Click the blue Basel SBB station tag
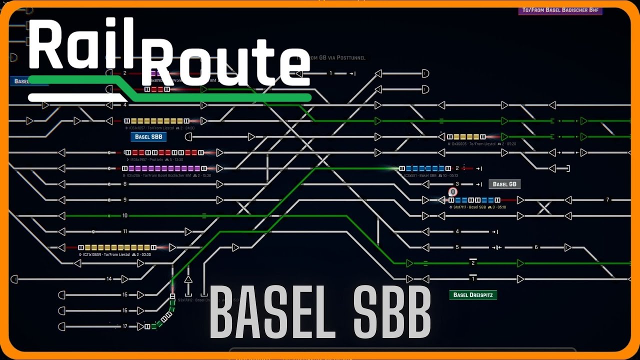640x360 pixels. pos(148,136)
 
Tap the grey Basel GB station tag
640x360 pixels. pos(504,184)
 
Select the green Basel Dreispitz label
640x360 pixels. pos(473,295)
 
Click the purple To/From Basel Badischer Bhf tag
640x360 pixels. pos(560,10)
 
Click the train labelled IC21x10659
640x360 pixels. pos(117,247)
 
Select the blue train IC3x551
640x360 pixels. pos(424,168)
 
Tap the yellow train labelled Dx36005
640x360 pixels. pos(466,136)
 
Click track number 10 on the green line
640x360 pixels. pos(125,215)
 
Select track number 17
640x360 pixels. pos(125,326)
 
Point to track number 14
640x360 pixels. pos(109,279)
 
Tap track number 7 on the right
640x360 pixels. pos(607,200)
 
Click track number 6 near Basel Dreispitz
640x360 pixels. pos(536,247)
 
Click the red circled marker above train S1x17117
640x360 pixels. pos(453,191)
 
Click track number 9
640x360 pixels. pos(125,200)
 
